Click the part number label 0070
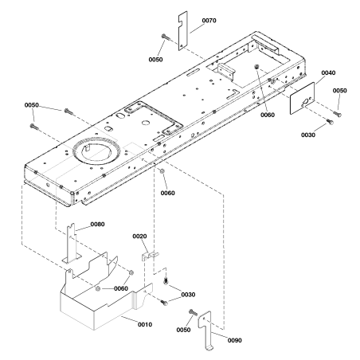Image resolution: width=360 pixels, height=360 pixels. click(x=209, y=21)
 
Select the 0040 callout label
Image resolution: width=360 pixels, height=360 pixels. click(x=328, y=72)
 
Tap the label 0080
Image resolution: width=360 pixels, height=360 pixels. click(x=97, y=225)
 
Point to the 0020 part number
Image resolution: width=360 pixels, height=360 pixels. click(x=139, y=237)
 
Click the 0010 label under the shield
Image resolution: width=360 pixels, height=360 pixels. click(x=145, y=324)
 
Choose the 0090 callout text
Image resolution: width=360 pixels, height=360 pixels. click(x=235, y=340)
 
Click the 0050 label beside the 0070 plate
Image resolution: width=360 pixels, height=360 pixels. click(x=155, y=60)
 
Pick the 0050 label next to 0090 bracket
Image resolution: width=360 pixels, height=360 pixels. click(x=183, y=330)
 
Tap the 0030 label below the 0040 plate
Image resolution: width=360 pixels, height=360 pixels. click(x=308, y=135)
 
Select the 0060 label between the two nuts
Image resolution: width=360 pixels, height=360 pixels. click(x=121, y=288)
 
